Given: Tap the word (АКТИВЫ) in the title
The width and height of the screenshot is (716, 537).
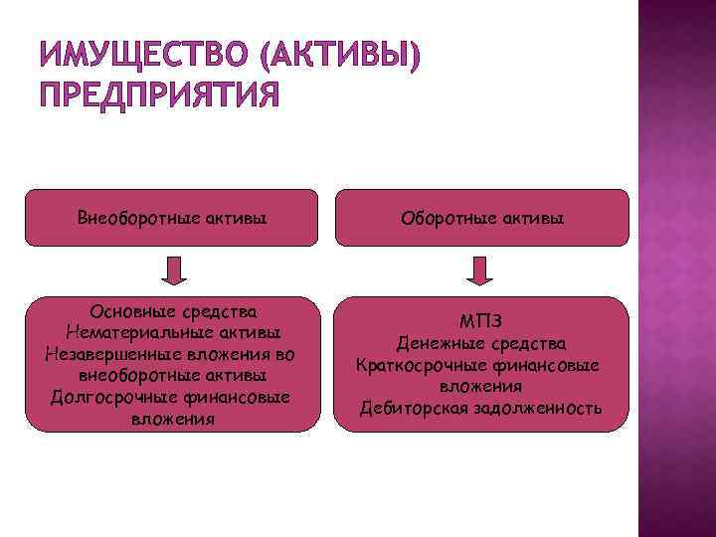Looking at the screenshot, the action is coord(337,61).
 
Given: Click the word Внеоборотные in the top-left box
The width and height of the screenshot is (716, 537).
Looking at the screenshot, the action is coord(128,217).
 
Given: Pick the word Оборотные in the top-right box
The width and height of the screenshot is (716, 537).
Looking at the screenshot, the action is coord(444,217).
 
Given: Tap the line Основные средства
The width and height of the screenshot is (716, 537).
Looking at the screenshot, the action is coord(174,312).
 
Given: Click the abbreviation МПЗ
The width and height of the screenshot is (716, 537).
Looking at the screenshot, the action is coord(482,320).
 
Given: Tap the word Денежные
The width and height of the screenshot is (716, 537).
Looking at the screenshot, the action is coord(437,343).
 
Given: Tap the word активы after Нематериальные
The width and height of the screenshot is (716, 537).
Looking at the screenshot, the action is coord(244,331).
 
